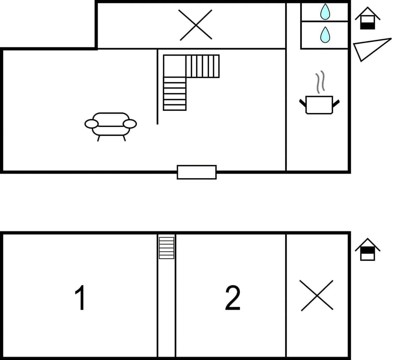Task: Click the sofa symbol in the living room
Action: point(111,125)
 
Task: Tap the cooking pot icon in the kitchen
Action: point(319,105)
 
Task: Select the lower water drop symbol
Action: point(325,35)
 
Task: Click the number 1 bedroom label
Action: point(80,298)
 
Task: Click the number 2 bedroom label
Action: point(233,298)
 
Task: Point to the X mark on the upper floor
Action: point(196,25)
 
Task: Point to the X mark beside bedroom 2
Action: point(317,295)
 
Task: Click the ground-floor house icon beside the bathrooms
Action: point(367,19)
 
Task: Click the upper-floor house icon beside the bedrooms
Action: point(367,250)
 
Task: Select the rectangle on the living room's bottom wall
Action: point(197,172)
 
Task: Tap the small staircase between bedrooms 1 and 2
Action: point(166,247)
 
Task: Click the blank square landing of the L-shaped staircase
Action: point(175,66)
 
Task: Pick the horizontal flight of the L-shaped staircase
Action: point(202,66)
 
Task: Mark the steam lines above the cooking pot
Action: point(320,82)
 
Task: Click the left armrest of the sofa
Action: point(91,124)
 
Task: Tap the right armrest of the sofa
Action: point(130,124)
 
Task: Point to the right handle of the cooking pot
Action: point(336,103)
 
